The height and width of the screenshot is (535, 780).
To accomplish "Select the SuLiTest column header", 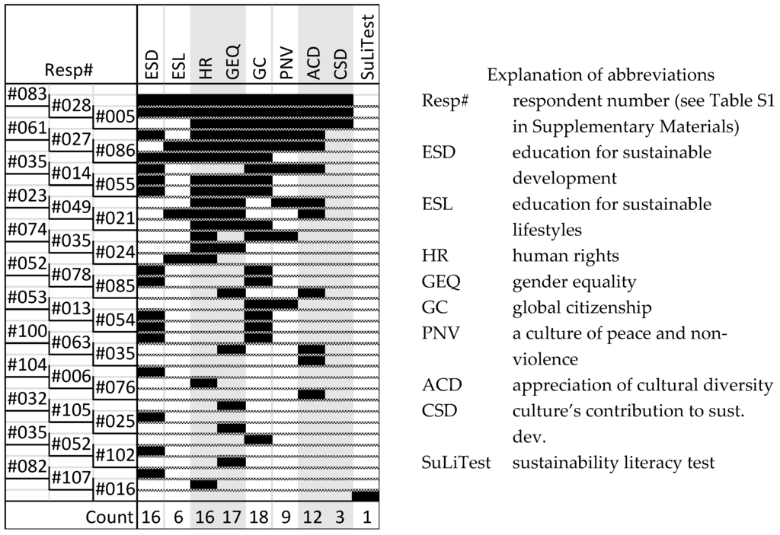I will coord(366,46).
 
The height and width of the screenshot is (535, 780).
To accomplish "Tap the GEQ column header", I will coord(232,66).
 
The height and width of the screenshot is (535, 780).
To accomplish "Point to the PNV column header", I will coord(286,68).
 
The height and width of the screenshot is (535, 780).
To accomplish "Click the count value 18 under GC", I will coord(259,518).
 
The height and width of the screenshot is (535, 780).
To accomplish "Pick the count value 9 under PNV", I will coord(286,518).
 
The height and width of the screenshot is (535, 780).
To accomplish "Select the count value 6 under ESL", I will coord(177,518).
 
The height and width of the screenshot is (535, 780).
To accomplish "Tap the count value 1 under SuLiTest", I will coord(366,518).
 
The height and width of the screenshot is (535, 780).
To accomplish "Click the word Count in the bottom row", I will coord(108,518).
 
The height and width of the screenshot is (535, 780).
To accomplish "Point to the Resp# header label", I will coord(69,71).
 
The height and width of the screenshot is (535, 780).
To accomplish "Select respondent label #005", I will coord(114,116).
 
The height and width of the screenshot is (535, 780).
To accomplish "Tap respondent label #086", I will coord(114,151).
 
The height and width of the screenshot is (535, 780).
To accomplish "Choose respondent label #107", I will coord(70,479).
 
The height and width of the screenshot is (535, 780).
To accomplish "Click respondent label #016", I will coord(114,489).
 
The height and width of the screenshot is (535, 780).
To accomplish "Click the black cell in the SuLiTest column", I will coord(366,495).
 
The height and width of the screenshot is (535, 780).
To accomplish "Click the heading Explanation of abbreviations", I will coord(600,75).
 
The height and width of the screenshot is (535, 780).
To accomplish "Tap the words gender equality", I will coord(574,282).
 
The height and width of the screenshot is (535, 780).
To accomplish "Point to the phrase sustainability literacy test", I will coord(613,462).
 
